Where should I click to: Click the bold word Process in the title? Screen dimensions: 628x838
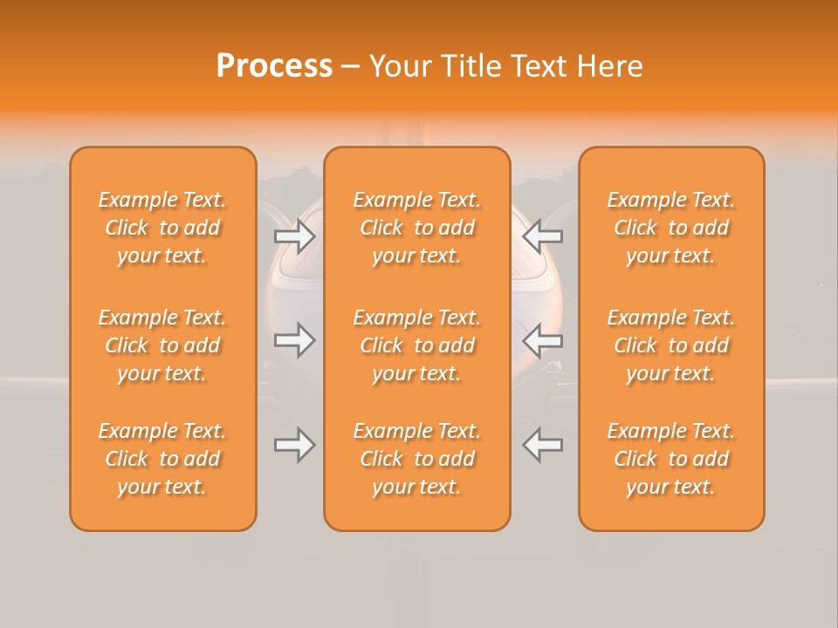point(274,66)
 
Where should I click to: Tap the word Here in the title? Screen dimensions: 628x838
point(608,66)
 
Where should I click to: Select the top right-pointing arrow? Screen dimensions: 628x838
point(295,236)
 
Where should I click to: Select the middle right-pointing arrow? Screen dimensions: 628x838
point(295,340)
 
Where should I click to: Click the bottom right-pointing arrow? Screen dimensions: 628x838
point(295,445)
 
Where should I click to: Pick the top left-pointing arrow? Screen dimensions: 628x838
point(543,236)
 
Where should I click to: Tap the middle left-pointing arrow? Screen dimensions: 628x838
point(543,340)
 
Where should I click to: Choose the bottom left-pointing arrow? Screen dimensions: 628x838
point(543,445)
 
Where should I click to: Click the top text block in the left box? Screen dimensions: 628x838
point(162,228)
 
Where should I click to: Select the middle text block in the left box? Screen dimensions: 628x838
point(162,345)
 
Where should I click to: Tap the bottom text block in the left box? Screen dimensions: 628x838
point(162,459)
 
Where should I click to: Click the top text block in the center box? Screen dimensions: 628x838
point(416,228)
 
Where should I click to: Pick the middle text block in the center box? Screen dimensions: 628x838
point(416,345)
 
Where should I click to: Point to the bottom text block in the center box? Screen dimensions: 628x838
point(416,459)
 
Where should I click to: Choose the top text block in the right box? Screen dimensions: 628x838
point(670,228)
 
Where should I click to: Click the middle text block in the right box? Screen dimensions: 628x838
point(670,345)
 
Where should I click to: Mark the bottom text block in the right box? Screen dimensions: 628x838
point(670,459)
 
